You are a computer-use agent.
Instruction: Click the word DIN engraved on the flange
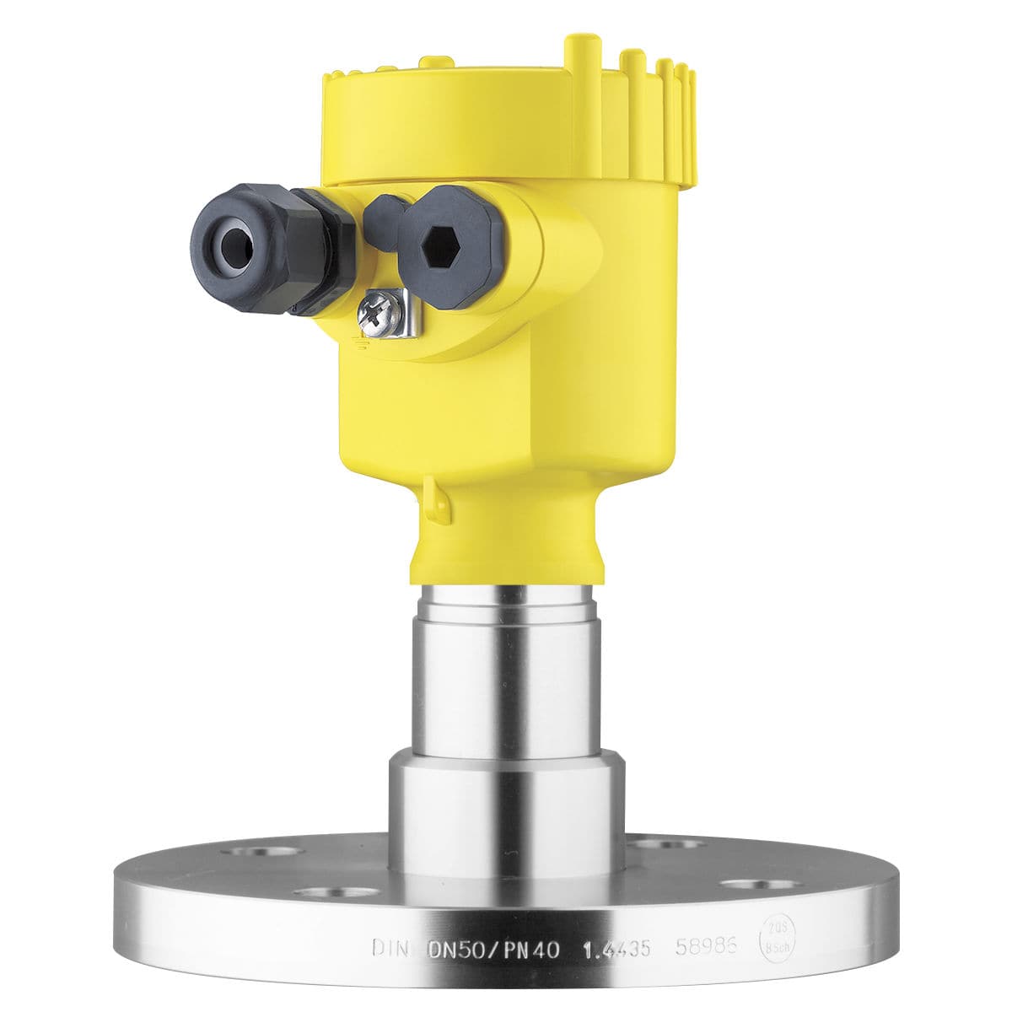390,950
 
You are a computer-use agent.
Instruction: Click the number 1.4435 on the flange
619,950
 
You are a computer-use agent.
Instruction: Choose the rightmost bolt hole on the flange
747,884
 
